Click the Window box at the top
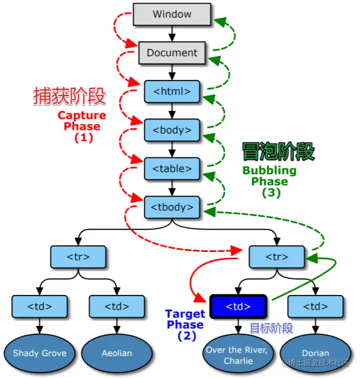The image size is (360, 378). (172, 14)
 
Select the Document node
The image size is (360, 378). (172, 53)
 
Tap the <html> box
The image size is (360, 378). (172, 91)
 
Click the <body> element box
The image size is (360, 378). (172, 130)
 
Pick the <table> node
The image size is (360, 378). (172, 168)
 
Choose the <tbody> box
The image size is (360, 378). (172, 207)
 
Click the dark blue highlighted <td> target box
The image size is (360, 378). (238, 306)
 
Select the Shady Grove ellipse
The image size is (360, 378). (40, 353)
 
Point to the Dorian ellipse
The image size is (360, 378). (315, 353)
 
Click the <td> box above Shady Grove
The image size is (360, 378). (40, 306)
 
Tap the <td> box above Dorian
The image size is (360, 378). (315, 306)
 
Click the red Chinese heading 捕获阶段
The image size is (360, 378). (69, 96)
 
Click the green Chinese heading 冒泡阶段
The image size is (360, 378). (278, 152)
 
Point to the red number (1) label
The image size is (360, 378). (84, 137)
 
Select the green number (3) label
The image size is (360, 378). (272, 192)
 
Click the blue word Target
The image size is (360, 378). (185, 314)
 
